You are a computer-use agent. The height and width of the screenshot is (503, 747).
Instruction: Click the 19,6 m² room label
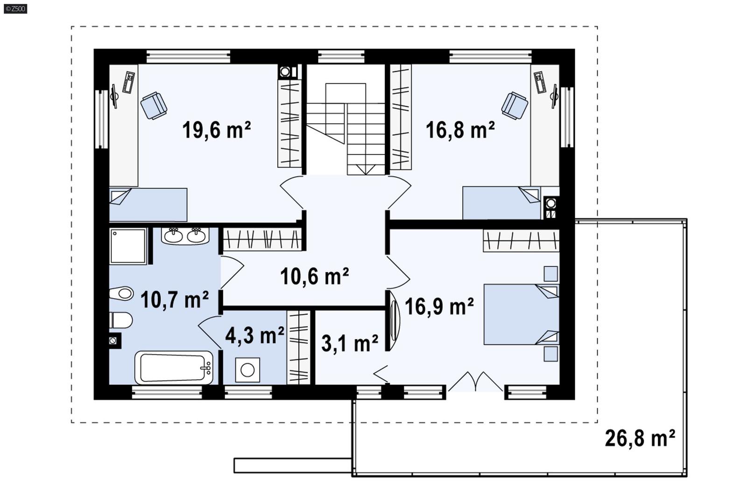pyautogui.click(x=216, y=130)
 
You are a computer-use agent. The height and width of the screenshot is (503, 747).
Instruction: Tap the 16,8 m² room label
pyautogui.click(x=460, y=130)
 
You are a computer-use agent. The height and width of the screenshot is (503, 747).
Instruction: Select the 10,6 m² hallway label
pyautogui.click(x=314, y=276)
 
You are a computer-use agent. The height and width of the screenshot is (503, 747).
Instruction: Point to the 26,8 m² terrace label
pyautogui.click(x=640, y=439)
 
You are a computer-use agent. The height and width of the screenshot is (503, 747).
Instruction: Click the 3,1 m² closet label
pyautogui.click(x=350, y=344)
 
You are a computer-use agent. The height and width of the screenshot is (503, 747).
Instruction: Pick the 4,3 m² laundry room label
pyautogui.click(x=254, y=335)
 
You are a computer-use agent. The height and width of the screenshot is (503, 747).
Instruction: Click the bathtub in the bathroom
pyautogui.click(x=174, y=368)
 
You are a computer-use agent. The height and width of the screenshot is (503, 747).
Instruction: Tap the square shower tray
pyautogui.click(x=127, y=246)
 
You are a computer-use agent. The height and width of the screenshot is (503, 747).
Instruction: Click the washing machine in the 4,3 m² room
pyautogui.click(x=247, y=370)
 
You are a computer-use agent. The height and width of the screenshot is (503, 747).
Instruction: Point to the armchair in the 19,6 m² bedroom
pyautogui.click(x=154, y=106)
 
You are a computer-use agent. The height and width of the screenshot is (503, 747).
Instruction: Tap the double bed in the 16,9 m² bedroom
pyautogui.click(x=521, y=314)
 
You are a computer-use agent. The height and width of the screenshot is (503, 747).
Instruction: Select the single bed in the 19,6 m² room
pyautogui.click(x=148, y=204)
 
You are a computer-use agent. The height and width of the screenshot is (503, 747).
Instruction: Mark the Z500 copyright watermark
pyautogui.click(x=15, y=8)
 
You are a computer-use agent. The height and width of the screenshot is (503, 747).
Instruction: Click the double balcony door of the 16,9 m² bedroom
pyautogui.click(x=475, y=382)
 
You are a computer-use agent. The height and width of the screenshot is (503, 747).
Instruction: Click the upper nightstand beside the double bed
pyautogui.click(x=550, y=274)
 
